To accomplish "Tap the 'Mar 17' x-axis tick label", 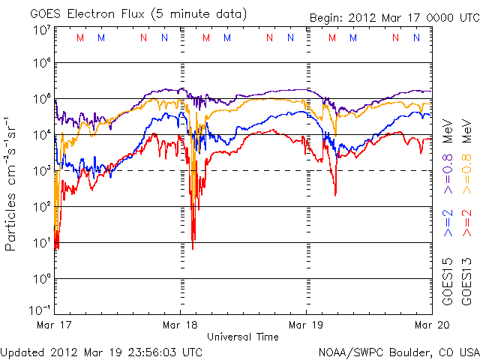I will [55, 325].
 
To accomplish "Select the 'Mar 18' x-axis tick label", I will [180, 325].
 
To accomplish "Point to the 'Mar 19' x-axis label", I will [306, 325].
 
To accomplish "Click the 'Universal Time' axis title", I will [243, 337].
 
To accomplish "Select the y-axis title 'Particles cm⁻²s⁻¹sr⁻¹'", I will [13, 183].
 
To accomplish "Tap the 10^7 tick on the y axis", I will [40, 30].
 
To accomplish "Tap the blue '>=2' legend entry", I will [447, 223].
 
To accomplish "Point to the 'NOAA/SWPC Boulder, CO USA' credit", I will [398, 351].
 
